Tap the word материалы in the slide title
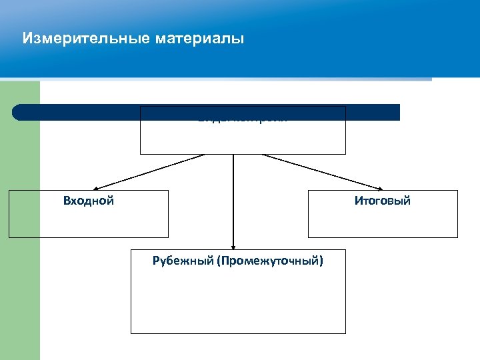[x=199, y=39]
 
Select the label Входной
[x=89, y=201]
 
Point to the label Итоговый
[x=383, y=201]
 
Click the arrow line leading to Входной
[x=150, y=172]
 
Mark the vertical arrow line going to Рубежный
[x=233, y=200]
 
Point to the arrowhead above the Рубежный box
[x=233, y=246]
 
